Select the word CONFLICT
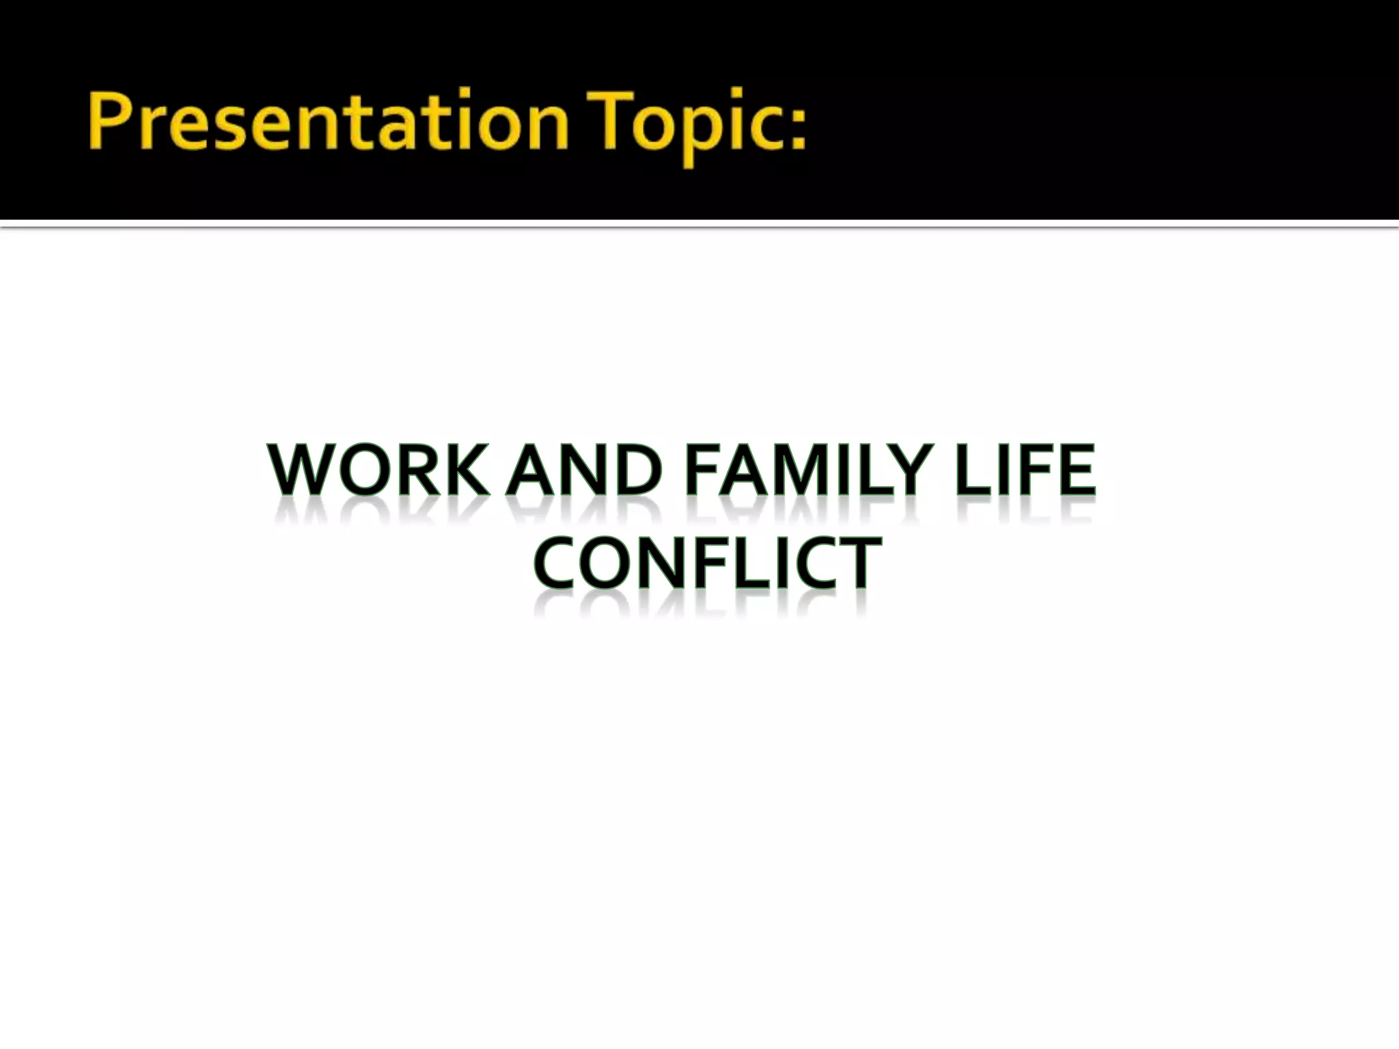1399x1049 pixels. [708, 563]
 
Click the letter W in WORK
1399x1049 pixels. [299, 471]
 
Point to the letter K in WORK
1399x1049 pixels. [465, 471]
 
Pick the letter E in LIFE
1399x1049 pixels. [1077, 471]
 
